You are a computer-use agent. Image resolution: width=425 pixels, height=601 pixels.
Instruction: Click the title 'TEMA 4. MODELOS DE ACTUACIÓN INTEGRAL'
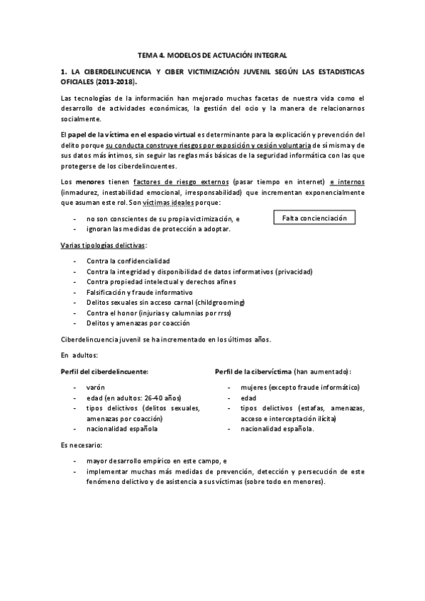(x=211, y=55)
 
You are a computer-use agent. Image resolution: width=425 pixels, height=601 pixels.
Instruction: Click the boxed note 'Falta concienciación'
(x=314, y=218)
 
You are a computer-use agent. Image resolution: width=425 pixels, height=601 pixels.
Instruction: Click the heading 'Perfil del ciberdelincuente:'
(x=104, y=371)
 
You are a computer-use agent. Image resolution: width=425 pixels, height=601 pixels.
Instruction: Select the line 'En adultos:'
(x=79, y=354)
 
